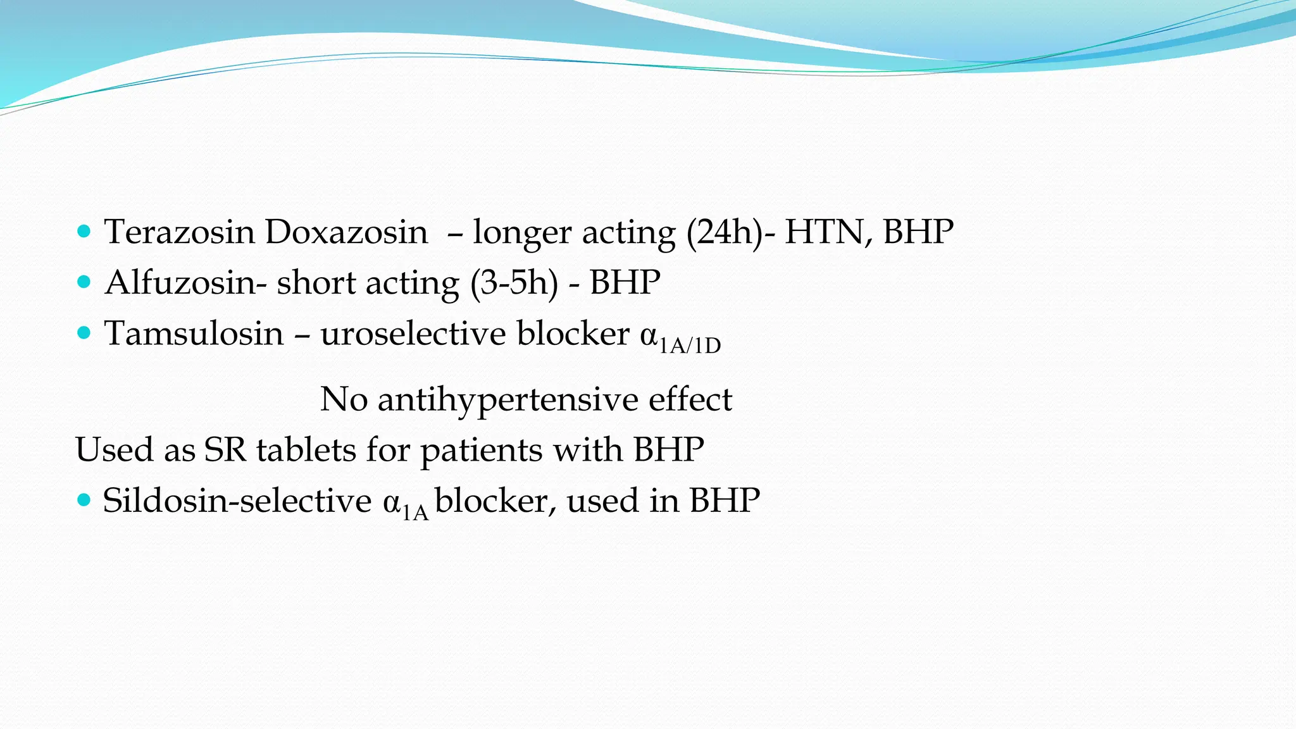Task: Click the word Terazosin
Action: (x=179, y=232)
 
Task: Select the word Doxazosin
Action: (x=346, y=232)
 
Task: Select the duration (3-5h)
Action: (x=514, y=283)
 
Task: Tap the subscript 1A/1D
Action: (x=690, y=346)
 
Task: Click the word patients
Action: (x=482, y=451)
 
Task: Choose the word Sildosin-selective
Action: (x=237, y=501)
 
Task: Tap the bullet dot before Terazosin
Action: (x=84, y=231)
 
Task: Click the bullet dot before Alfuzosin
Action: (x=84, y=282)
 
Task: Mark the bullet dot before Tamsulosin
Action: (x=84, y=332)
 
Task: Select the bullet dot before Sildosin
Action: (x=84, y=501)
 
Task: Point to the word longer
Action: (x=521, y=233)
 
